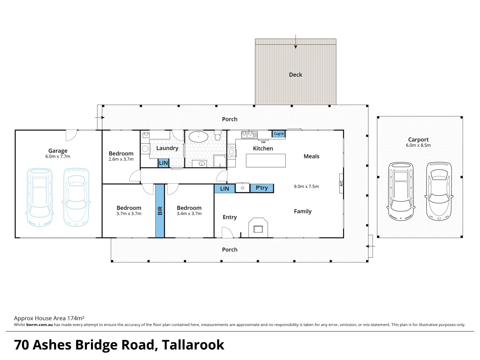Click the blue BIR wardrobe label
click(160, 211)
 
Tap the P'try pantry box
click(262, 188)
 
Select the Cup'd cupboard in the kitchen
click(278, 134)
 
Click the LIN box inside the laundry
click(163, 163)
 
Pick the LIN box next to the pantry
click(224, 189)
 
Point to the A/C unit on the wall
click(341, 183)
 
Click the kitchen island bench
click(266, 160)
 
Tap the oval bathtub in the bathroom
click(198, 137)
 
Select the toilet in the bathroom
click(218, 136)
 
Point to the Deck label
click(295, 75)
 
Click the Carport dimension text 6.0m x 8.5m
click(418, 145)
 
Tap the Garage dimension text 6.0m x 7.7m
click(58, 156)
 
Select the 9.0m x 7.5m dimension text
click(306, 187)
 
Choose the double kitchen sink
click(249, 134)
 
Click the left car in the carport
click(401, 191)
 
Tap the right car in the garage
click(76, 197)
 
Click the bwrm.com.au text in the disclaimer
click(39, 325)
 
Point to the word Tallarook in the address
click(193, 345)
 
